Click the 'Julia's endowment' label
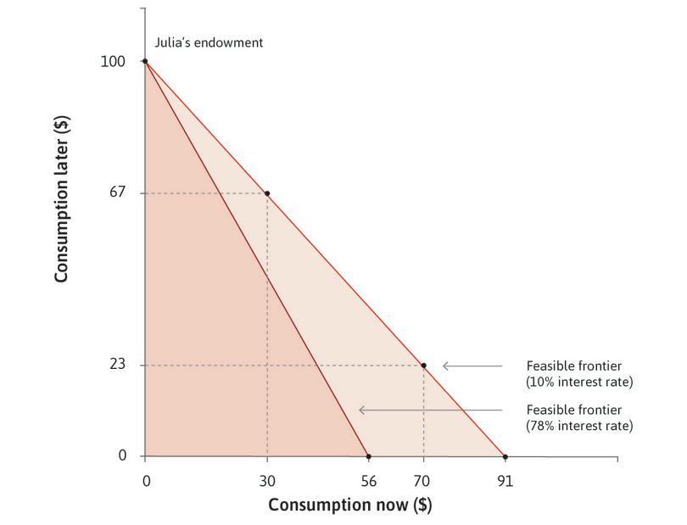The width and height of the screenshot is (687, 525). [x=209, y=42]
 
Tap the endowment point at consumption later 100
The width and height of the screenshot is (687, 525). [x=145, y=61]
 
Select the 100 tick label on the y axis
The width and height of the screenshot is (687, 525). [x=114, y=62]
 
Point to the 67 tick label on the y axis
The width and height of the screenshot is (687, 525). [x=118, y=193]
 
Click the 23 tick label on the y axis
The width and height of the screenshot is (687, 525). [x=118, y=366]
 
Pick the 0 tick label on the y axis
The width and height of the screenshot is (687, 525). [x=122, y=456]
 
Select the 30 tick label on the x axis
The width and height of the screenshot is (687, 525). [x=267, y=481]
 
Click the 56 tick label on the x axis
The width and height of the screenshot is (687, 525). [x=368, y=481]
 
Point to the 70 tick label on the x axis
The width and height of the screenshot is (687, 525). [x=423, y=481]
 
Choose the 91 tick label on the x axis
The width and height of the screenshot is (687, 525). [x=505, y=481]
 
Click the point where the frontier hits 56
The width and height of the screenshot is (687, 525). [x=368, y=456]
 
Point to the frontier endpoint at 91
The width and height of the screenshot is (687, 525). [x=505, y=456]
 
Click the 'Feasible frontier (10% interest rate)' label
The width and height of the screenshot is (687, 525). [x=579, y=374]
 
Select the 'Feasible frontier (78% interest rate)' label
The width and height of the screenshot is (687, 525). [x=579, y=417]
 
